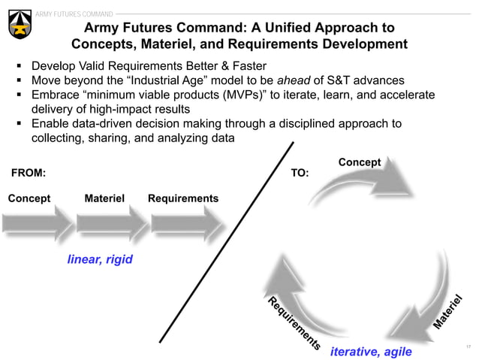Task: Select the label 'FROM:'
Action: [x=28, y=172]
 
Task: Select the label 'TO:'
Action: [x=300, y=172]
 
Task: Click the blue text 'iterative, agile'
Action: [x=371, y=350]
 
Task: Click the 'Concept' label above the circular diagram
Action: [x=360, y=162]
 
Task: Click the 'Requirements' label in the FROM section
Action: [x=183, y=198]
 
